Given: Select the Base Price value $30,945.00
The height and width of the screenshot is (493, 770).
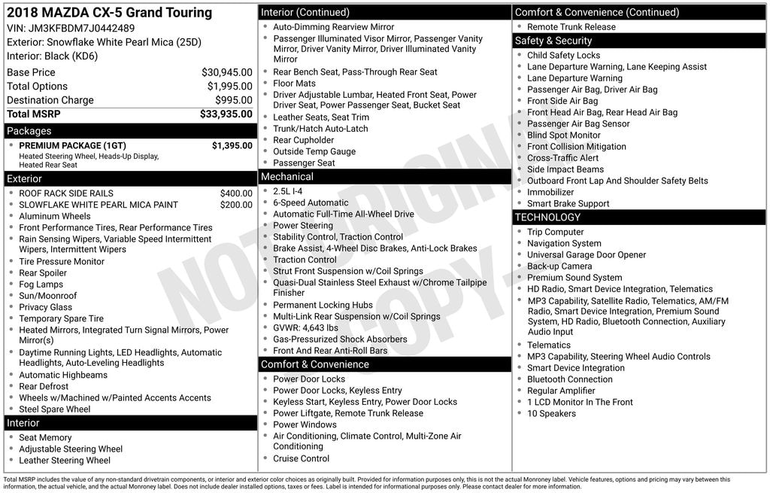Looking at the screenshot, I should pyautogui.click(x=227, y=72).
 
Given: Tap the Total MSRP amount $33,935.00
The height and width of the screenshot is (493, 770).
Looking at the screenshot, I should pyautogui.click(x=226, y=114).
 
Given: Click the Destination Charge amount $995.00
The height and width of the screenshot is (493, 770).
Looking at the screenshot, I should pyautogui.click(x=234, y=100).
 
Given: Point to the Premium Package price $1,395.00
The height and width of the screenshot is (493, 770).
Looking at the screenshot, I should pyautogui.click(x=232, y=145).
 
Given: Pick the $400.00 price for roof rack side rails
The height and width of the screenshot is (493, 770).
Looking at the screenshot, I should pyautogui.click(x=236, y=193).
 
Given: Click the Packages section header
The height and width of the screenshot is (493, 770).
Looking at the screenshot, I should pyautogui.click(x=29, y=131).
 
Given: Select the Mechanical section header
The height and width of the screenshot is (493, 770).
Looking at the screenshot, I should pyautogui.click(x=287, y=177).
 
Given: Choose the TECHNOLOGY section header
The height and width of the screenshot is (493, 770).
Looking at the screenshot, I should pyautogui.click(x=547, y=218).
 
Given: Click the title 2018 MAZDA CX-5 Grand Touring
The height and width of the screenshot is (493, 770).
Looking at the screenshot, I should pyautogui.click(x=109, y=13).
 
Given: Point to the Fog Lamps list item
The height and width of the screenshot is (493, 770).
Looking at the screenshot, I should pyautogui.click(x=41, y=285).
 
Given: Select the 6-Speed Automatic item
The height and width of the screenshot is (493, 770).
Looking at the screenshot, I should pyautogui.click(x=311, y=202).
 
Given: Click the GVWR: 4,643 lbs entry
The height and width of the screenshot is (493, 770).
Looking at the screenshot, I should pyautogui.click(x=305, y=327).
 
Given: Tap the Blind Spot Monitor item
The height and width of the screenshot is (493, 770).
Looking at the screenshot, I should pyautogui.click(x=564, y=135).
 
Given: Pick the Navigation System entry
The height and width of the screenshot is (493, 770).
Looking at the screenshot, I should pyautogui.click(x=564, y=243).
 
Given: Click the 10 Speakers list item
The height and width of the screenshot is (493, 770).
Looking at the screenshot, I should pyautogui.click(x=551, y=413).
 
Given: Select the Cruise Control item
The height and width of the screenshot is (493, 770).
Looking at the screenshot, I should pyautogui.click(x=301, y=458).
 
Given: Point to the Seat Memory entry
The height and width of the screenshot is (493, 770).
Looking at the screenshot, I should pyautogui.click(x=45, y=437).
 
